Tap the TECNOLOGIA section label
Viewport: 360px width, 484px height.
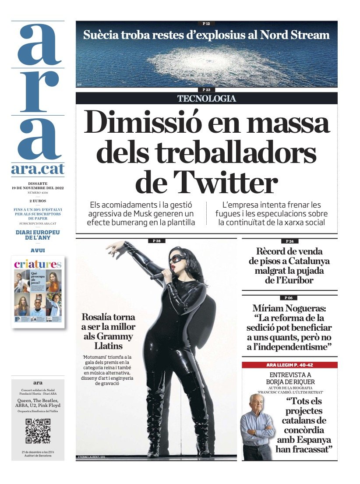207,99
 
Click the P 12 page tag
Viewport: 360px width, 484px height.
206,23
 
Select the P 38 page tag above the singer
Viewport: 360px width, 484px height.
156,240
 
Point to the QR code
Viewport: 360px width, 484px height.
38,431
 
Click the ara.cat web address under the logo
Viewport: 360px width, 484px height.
38,169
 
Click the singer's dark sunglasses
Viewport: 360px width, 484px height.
180,258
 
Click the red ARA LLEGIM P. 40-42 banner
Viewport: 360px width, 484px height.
289,365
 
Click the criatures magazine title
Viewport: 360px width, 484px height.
38,264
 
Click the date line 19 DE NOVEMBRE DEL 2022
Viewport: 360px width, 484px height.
38,188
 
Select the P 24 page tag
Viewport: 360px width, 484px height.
289,241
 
